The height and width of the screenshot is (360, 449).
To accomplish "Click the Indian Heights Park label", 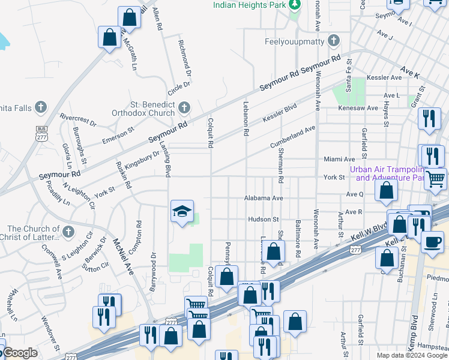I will pyautogui.click(x=249, y=5).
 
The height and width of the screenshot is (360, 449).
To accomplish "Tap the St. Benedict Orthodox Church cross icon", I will pyautogui.click(x=184, y=107).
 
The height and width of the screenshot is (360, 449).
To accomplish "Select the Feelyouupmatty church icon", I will pyautogui.click(x=334, y=41).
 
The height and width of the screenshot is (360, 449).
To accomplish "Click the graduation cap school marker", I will pyautogui.click(x=182, y=211).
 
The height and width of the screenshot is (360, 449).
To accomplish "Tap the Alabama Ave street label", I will pyautogui.click(x=262, y=197).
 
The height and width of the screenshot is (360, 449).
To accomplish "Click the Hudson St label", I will pyautogui.click(x=264, y=220).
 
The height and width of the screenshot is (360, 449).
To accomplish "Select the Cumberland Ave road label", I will pyautogui.click(x=292, y=137).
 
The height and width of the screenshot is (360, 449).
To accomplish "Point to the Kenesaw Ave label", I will pyautogui.click(x=364, y=108).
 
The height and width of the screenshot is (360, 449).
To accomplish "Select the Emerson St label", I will pyautogui.click(x=118, y=135).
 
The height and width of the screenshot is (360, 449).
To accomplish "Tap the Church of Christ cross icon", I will pyautogui.click(x=68, y=232).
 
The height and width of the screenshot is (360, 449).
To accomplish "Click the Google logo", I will pyautogui.click(x=19, y=353).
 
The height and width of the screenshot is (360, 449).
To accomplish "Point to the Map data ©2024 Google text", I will pyautogui.click(x=411, y=355).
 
